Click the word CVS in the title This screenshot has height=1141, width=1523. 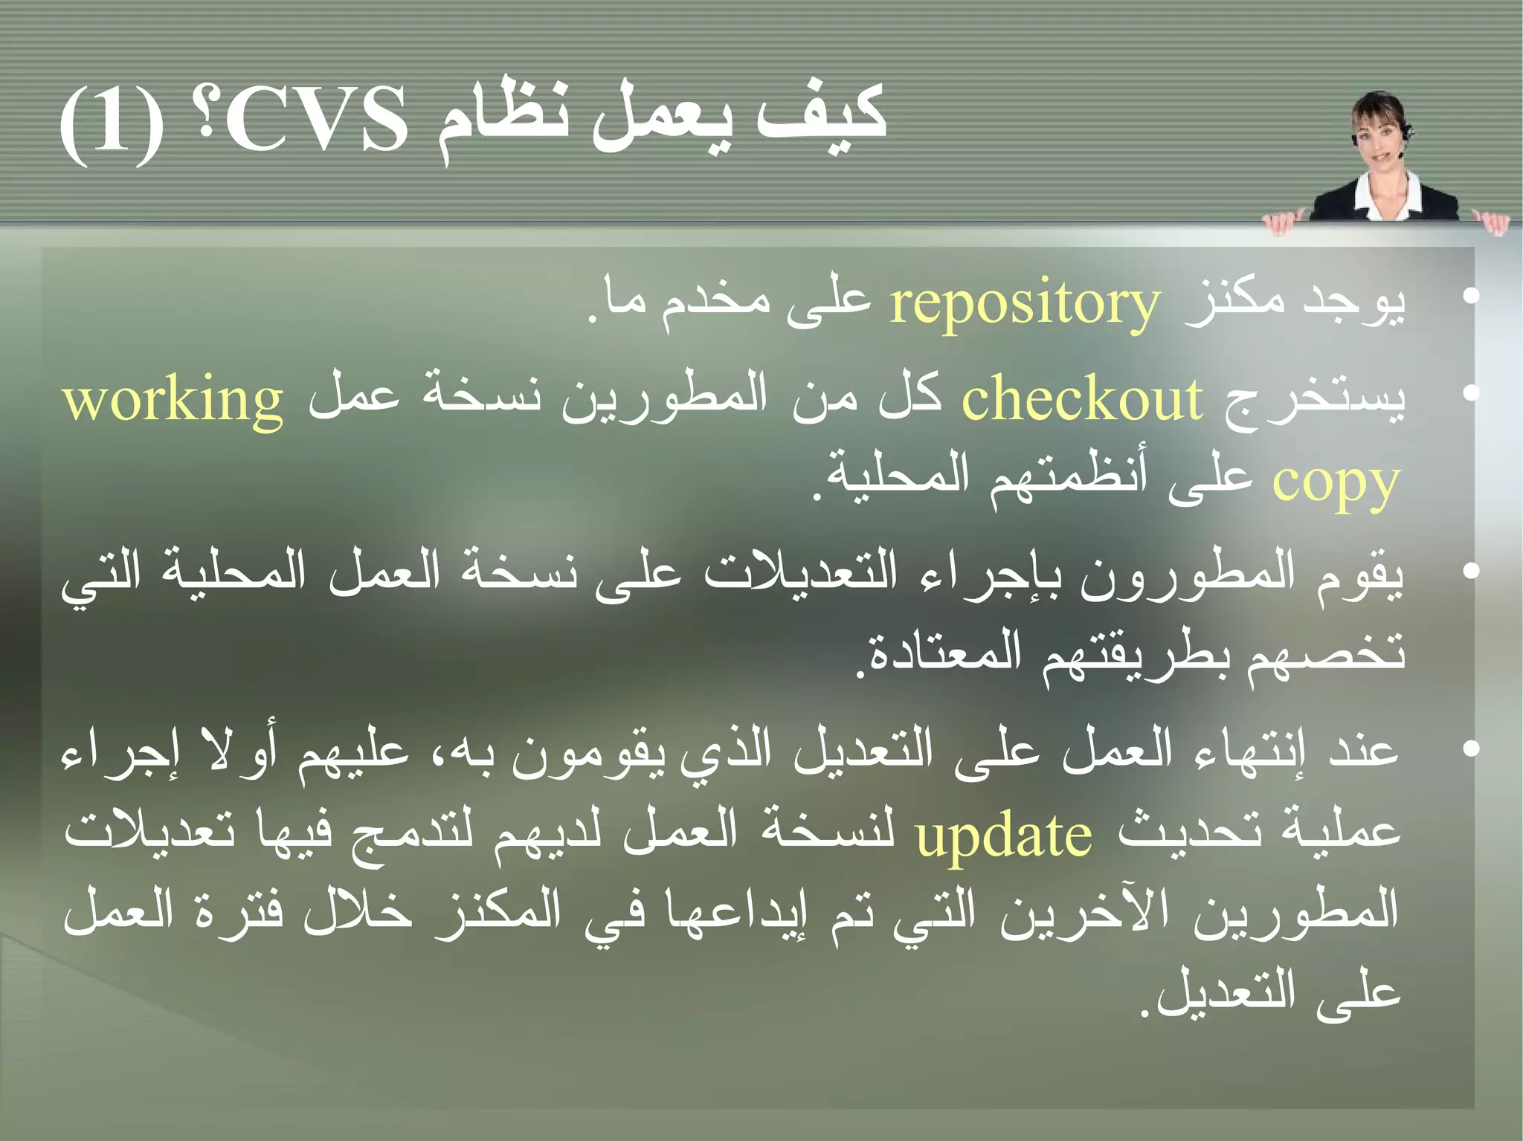(317, 119)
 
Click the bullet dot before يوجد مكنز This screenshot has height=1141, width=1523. (1469, 297)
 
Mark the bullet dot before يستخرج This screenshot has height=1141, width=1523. (1469, 392)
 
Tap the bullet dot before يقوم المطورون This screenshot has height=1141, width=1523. (1469, 571)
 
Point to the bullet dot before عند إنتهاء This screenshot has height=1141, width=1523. (1469, 748)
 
